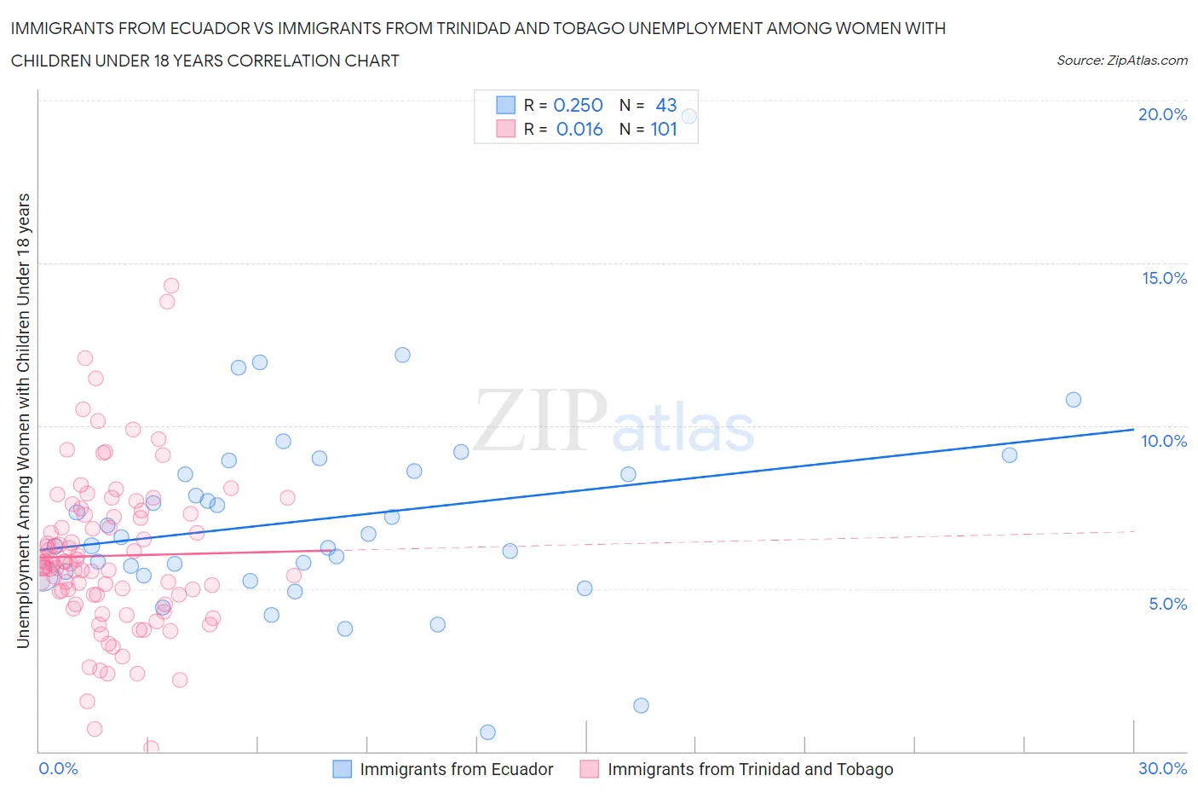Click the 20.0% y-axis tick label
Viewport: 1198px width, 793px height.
tap(1162, 114)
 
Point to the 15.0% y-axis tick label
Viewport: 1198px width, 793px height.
tap(1164, 278)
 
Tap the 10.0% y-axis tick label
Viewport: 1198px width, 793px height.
tap(1164, 441)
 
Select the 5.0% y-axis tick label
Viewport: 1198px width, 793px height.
tap(1167, 604)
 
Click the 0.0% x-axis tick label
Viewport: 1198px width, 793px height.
tap(58, 768)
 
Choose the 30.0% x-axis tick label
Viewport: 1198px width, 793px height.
tap(1162, 768)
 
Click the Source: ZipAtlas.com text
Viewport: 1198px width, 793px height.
tap(1121, 60)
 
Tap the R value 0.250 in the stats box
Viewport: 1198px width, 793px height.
tap(578, 105)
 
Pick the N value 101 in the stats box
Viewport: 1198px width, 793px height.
tap(664, 129)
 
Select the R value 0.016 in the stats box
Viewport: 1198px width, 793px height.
tap(579, 129)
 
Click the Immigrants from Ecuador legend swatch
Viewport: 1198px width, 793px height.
tap(342, 769)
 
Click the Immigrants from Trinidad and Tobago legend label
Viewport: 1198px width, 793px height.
tap(750, 769)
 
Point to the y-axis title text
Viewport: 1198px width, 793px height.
tap(23, 420)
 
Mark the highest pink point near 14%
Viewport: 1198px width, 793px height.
tap(170, 286)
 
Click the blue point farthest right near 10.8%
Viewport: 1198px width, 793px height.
tap(1074, 400)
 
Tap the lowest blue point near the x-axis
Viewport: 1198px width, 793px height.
tap(487, 732)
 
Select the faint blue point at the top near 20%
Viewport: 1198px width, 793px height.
tap(689, 116)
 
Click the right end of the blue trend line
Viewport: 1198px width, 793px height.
tap(1133, 429)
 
